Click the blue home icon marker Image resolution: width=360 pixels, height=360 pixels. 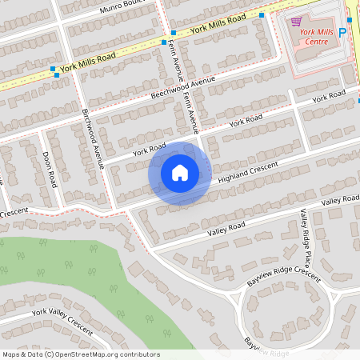[180, 173]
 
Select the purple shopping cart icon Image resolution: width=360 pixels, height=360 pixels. [297, 22]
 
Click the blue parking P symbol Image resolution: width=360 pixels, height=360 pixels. [343, 34]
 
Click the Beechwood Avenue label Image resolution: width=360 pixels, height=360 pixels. [183, 89]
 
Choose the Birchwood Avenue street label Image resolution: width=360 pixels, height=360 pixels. [94, 138]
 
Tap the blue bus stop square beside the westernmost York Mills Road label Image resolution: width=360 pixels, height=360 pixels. [53, 70]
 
